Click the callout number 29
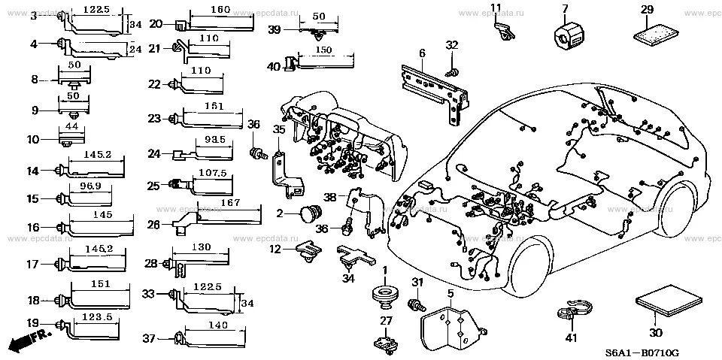pyautogui.click(x=647, y=9)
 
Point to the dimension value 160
pyautogui.click(x=221, y=10)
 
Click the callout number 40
pyautogui.click(x=274, y=68)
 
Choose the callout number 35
pyautogui.click(x=279, y=130)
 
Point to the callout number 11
pyautogui.click(x=496, y=8)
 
